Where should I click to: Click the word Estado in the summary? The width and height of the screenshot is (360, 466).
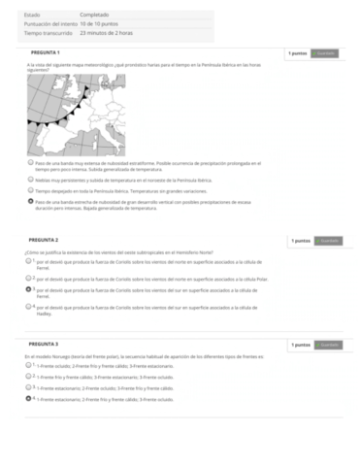[x=32, y=15]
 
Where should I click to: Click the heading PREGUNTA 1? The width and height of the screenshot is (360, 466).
[x=45, y=51]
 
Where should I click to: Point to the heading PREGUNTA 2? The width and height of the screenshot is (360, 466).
[x=45, y=239]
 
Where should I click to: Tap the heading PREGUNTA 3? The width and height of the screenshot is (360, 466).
[x=45, y=344]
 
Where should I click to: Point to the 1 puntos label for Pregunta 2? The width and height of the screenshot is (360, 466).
[x=301, y=240]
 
